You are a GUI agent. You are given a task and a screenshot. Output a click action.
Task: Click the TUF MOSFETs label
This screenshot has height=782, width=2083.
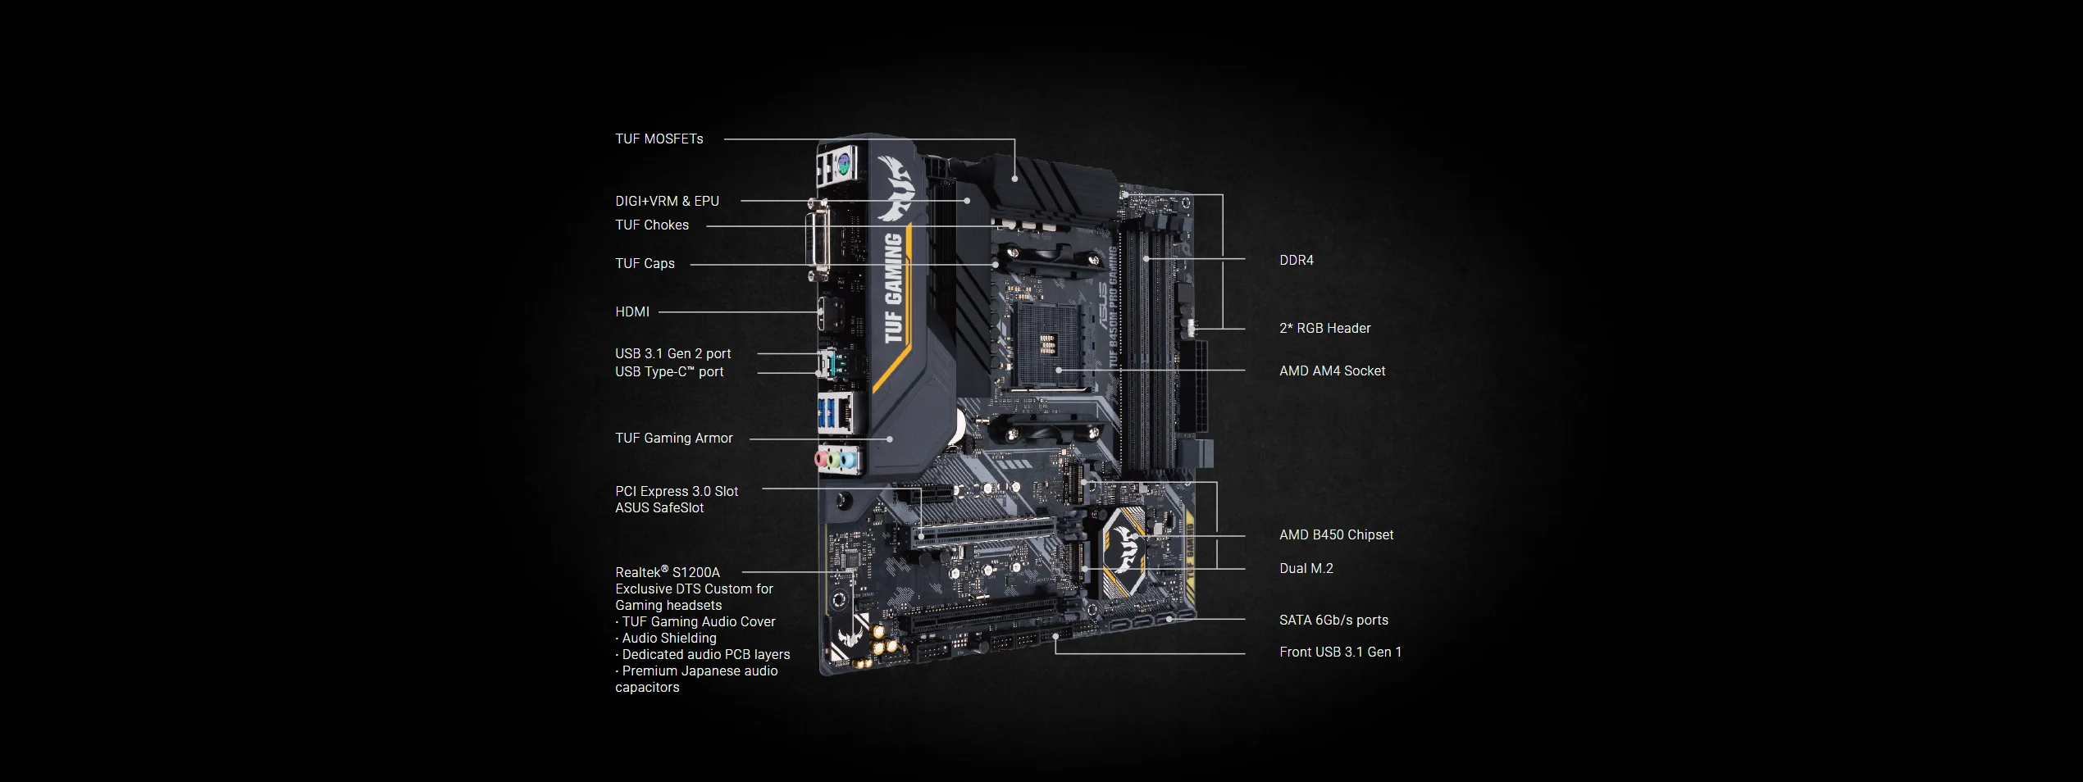point(659,139)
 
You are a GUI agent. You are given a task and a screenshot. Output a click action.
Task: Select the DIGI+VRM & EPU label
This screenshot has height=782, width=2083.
point(667,202)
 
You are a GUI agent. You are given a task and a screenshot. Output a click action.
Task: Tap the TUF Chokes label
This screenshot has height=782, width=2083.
point(652,225)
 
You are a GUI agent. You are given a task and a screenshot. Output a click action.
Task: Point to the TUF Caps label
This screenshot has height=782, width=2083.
point(645,264)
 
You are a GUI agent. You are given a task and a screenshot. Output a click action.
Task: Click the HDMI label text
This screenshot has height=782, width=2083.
point(632,312)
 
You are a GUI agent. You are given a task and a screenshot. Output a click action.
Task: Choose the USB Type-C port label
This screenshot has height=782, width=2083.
point(669,372)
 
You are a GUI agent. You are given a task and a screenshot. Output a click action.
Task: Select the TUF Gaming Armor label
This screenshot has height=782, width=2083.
point(674,439)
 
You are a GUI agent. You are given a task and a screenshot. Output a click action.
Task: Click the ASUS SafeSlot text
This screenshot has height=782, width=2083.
point(659,508)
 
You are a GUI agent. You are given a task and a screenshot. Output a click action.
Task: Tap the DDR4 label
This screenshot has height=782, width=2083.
point(1297,261)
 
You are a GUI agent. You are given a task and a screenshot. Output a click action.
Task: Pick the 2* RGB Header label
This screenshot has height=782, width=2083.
point(1325,329)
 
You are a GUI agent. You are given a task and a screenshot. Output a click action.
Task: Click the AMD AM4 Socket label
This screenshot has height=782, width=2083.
point(1333,371)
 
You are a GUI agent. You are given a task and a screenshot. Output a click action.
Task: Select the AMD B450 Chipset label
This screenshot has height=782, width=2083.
point(1337,535)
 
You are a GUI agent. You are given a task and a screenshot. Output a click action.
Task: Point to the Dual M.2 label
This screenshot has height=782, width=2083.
point(1306,569)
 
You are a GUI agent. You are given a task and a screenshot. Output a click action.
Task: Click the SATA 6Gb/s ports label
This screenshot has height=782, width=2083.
point(1334,621)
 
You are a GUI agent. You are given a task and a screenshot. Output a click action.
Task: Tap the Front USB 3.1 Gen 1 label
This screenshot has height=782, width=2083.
point(1341,652)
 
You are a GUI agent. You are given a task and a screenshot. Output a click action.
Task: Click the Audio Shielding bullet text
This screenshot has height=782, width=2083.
point(666,639)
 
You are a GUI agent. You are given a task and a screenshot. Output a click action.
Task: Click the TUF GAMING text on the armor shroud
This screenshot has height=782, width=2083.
point(894,289)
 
